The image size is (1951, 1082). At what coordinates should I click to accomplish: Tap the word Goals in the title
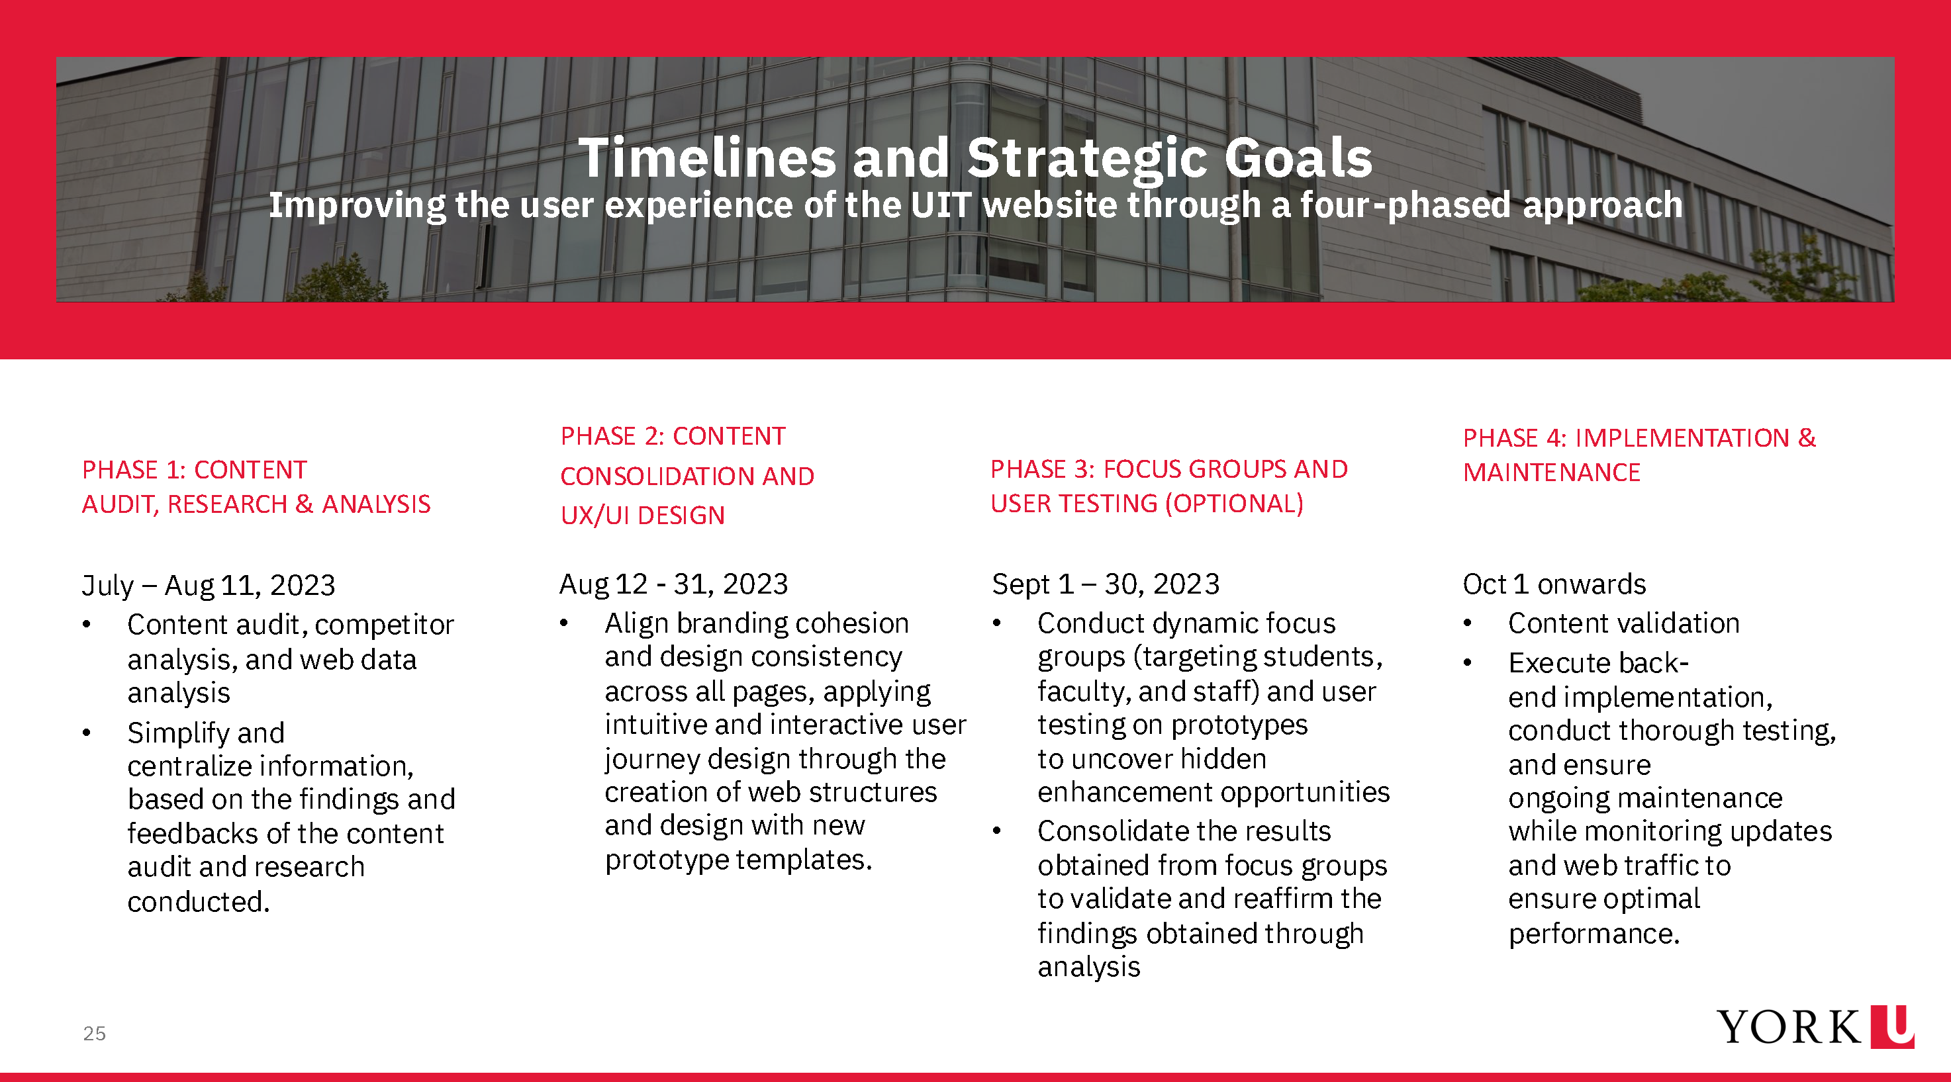pos(1298,158)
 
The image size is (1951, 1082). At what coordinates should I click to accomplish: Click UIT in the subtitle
pos(941,205)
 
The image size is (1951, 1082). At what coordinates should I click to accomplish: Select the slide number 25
pos(95,1034)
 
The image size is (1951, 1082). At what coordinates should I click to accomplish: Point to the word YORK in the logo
pos(1787,1028)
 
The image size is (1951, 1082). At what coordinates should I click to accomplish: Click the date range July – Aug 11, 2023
pos(209,585)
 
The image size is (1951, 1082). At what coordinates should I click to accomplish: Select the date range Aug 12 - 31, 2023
pos(673,584)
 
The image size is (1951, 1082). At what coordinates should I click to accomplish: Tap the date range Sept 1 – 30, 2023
pos(1106,584)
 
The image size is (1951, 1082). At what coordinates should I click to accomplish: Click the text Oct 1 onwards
pos(1554,584)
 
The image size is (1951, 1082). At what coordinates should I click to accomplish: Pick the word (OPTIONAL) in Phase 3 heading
pos(1234,504)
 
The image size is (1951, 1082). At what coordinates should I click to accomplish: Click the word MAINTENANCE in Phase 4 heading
pos(1551,473)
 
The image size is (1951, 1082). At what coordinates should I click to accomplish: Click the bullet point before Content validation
pos(1468,623)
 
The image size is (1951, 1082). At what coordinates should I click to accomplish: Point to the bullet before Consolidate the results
pos(997,831)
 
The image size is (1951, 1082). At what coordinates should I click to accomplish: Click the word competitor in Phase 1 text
pos(385,625)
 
